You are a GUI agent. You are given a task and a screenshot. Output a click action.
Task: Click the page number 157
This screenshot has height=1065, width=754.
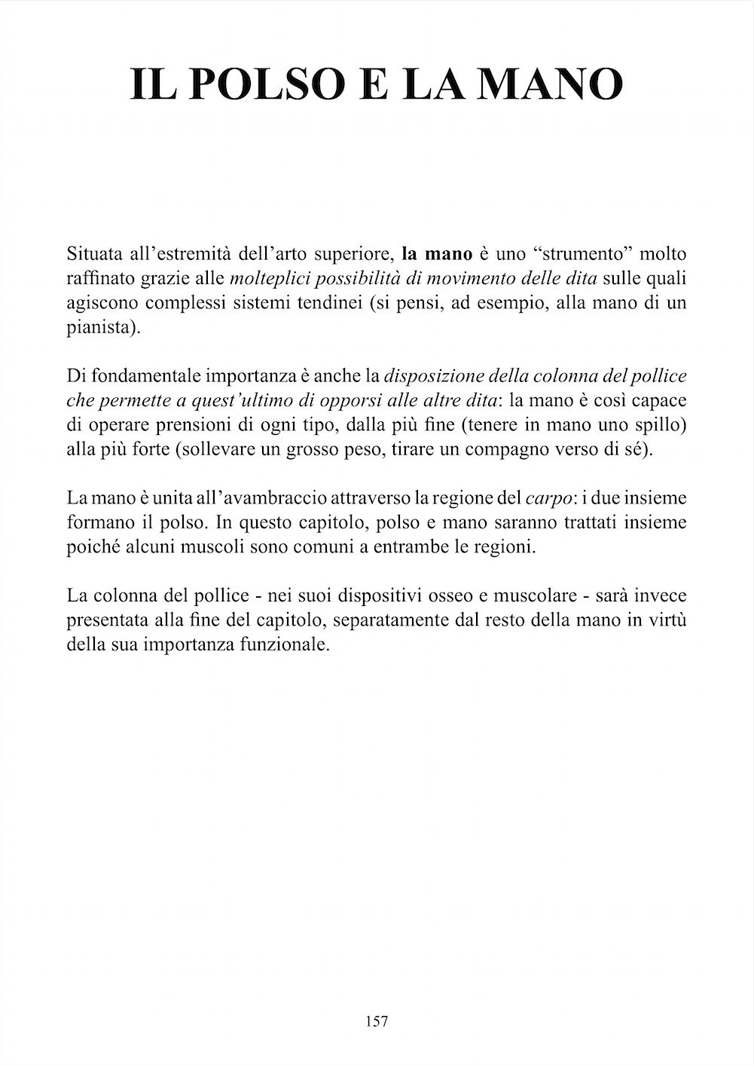[377, 1021]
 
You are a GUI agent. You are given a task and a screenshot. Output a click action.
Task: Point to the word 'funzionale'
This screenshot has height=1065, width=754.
[291, 647]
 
